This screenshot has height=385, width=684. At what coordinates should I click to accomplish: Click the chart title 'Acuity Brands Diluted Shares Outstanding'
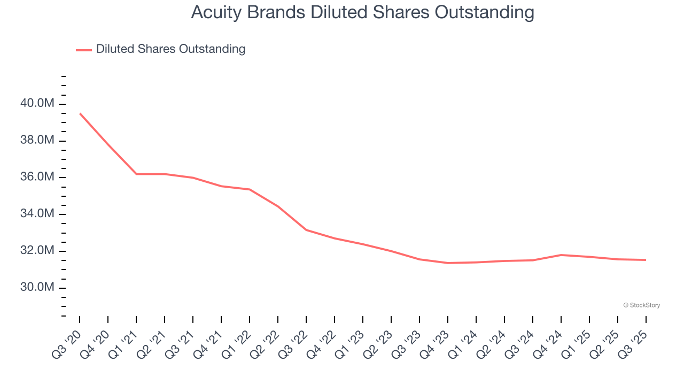tap(362, 12)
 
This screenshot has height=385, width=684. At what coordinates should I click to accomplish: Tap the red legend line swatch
tap(84, 50)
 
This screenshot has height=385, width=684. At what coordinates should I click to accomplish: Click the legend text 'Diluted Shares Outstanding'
tap(170, 49)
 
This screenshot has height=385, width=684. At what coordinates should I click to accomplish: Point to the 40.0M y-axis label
tap(37, 103)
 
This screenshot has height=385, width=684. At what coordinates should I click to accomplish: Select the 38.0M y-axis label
tap(37, 140)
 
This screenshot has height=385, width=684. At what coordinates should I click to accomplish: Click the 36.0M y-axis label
tap(37, 177)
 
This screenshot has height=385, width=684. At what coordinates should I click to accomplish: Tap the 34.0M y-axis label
tap(37, 214)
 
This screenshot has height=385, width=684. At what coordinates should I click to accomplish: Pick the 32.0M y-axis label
tap(37, 251)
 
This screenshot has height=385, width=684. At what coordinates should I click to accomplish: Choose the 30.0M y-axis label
tap(37, 288)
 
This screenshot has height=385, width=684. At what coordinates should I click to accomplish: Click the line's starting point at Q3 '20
tap(80, 113)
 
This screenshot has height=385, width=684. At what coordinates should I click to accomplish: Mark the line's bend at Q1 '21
tap(136, 174)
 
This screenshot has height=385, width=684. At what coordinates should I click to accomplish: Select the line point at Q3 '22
tap(306, 230)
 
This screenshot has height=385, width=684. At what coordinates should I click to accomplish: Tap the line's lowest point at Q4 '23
tap(448, 263)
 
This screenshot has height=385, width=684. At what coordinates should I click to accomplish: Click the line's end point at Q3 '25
tap(646, 260)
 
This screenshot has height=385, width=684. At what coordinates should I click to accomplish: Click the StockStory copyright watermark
tap(641, 305)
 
